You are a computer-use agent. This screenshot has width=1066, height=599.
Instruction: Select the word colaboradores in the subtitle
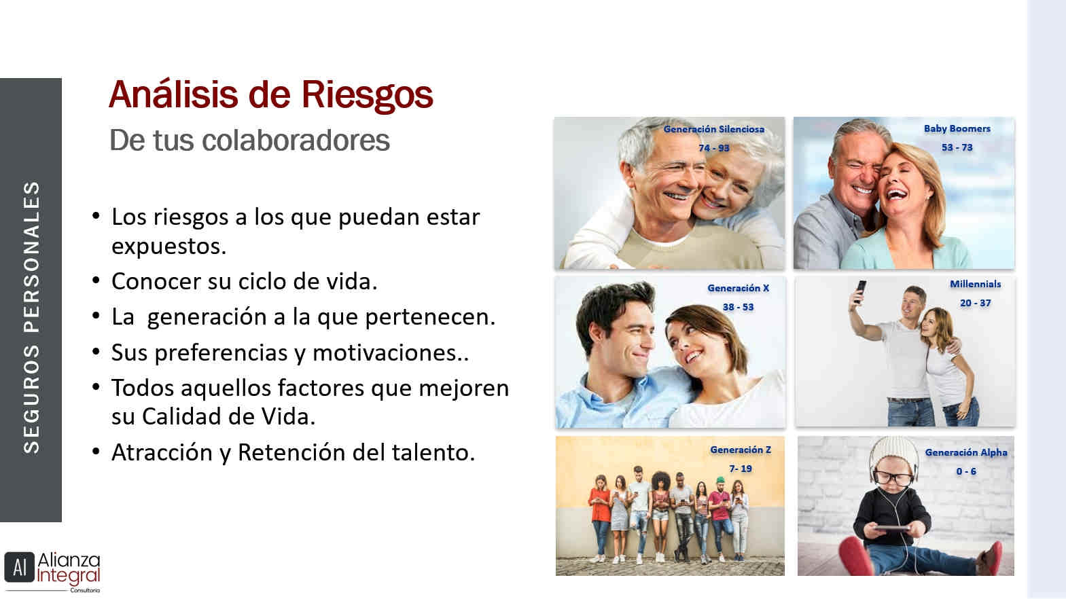tap(296, 141)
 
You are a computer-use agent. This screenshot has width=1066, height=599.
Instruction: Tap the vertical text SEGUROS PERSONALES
tap(31, 317)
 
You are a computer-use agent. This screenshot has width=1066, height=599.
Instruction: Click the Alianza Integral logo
tap(52, 571)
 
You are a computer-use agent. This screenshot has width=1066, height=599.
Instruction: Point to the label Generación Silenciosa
tap(714, 130)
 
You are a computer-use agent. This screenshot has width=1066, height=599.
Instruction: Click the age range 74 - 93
tap(714, 149)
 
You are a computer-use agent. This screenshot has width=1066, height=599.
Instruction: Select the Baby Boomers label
tap(957, 129)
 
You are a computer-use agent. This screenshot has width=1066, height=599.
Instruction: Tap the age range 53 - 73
tap(957, 148)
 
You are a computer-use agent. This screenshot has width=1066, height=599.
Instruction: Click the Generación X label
tap(738, 289)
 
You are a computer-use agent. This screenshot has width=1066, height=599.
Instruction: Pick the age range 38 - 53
tap(738, 308)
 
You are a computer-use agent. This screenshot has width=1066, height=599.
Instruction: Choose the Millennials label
tap(976, 284)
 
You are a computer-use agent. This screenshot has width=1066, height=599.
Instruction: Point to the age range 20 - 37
tap(976, 303)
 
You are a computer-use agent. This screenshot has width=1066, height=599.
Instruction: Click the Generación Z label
tap(741, 450)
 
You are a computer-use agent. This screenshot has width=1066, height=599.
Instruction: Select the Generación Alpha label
tap(966, 452)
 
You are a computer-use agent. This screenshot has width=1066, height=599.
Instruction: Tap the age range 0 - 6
tap(966, 471)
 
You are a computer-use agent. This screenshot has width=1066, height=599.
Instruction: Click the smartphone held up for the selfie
tap(860, 291)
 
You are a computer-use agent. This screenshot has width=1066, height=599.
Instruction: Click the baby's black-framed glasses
tap(893, 477)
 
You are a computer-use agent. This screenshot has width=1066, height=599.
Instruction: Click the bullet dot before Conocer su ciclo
tap(96, 280)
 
